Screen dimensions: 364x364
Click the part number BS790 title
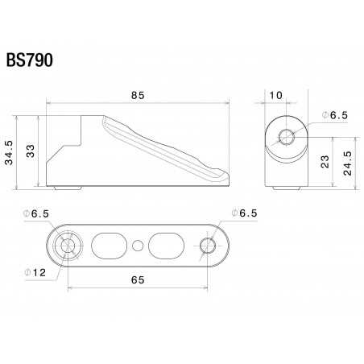click(x=30, y=61)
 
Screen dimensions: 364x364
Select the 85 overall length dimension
click(x=137, y=96)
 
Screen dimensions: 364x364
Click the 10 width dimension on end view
click(x=275, y=96)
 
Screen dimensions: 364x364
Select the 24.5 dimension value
click(x=347, y=160)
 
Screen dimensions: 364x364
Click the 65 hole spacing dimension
click(x=137, y=279)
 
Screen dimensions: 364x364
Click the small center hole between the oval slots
click(x=139, y=244)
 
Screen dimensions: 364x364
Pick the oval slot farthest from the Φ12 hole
click(x=168, y=243)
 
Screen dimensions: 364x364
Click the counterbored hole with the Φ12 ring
click(x=67, y=244)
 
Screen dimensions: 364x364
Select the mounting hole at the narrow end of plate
click(x=208, y=245)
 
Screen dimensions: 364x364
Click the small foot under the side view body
click(x=68, y=188)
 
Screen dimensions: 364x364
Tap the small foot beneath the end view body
click(x=287, y=188)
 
